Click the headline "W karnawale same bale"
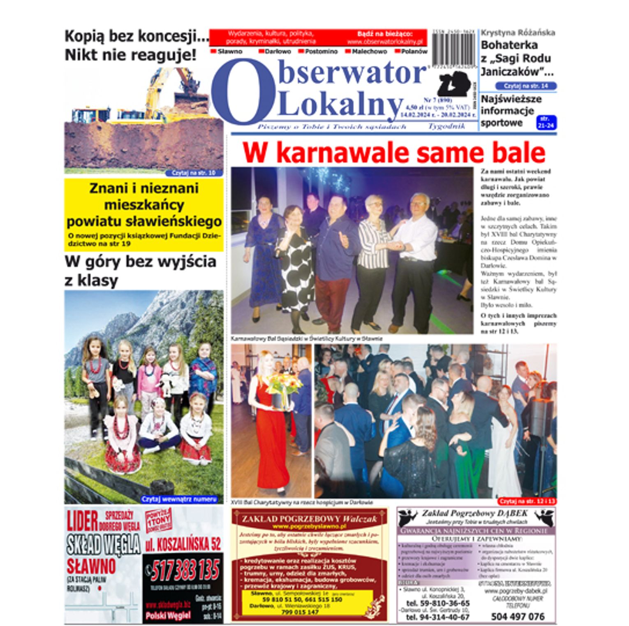point(393,153)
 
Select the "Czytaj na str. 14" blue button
point(526,86)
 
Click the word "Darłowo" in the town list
point(277,52)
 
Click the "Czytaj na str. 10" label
point(194,173)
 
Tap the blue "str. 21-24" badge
point(546,123)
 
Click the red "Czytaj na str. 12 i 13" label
point(527,501)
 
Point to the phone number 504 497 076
point(517,616)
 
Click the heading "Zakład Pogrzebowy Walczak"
point(309,519)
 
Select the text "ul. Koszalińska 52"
point(183,545)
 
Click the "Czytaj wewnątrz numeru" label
point(179,499)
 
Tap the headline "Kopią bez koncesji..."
point(136,36)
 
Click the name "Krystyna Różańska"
point(518,33)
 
